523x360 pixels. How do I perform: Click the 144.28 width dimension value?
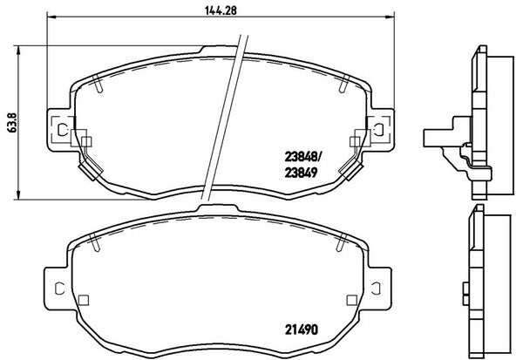(x=221, y=10)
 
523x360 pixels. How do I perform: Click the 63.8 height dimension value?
(x=12, y=122)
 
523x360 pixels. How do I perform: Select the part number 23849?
(x=301, y=173)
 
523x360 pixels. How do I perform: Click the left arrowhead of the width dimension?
(x=51, y=16)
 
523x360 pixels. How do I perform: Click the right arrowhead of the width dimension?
(x=390, y=16)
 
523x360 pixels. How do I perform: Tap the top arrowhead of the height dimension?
(x=18, y=51)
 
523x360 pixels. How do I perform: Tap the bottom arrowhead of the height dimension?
(x=18, y=195)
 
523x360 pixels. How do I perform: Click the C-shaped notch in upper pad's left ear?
(x=62, y=130)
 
